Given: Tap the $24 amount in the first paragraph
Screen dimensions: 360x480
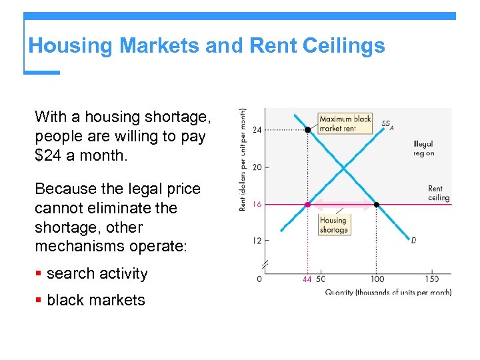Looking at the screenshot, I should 49,155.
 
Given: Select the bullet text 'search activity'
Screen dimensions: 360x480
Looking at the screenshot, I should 97,273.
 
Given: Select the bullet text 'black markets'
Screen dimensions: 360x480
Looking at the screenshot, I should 96,300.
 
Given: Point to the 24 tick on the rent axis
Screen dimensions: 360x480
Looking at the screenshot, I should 257,129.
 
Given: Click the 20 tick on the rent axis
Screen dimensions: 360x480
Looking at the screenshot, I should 257,167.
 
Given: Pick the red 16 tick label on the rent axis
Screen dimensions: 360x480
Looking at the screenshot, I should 257,205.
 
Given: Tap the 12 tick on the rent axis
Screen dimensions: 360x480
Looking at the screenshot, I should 257,241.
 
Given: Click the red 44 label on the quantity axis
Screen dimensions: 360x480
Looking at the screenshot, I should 307,279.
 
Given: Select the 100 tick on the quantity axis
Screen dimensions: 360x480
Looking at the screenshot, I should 377,279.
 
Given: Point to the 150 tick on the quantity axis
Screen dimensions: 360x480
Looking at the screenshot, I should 432,279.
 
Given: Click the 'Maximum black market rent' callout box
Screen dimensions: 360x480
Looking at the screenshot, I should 345,123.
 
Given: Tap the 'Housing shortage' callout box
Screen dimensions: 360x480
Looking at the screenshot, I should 333,225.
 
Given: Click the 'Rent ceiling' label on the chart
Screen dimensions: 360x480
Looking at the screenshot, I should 439,193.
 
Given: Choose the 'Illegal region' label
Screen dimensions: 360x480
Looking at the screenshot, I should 423,149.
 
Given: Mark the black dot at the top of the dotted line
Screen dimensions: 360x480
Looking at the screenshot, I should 307,130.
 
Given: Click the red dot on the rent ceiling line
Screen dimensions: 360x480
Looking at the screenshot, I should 307,205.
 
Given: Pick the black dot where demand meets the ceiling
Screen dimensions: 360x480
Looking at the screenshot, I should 377,205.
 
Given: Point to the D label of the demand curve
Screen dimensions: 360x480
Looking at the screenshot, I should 413,240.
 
